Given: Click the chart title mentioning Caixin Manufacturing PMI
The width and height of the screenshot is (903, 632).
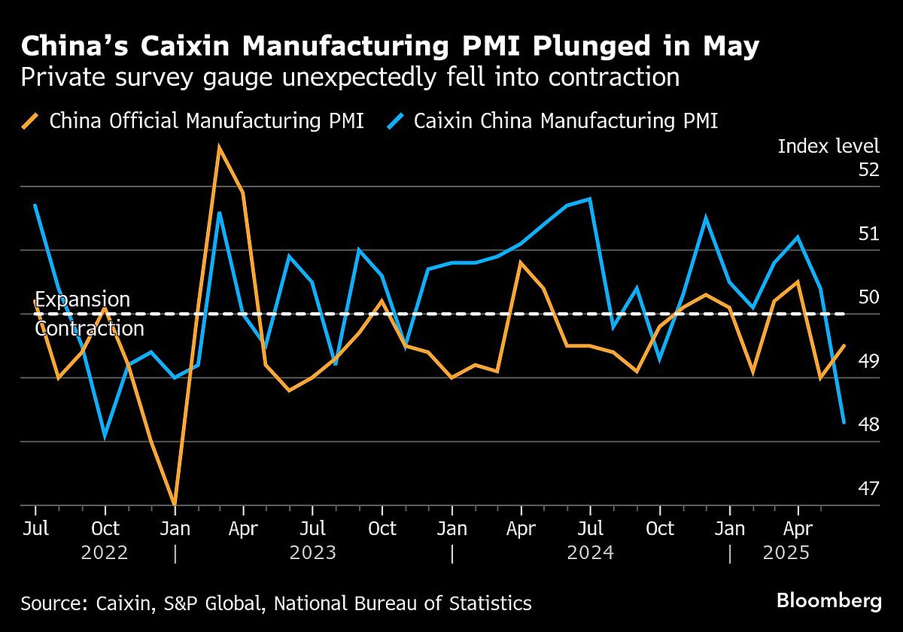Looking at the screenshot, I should pos(390,47).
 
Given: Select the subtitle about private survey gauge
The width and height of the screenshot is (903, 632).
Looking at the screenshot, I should pos(350,77).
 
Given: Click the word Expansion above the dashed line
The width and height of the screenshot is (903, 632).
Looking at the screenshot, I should pos(83,299).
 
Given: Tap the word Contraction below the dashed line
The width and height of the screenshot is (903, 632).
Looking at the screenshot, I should pos(90,329).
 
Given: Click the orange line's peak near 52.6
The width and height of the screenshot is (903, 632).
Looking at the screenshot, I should pos(218,146).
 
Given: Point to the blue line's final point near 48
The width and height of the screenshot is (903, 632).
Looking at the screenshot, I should pos(844,423).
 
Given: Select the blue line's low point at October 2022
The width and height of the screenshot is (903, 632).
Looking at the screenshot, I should pos(105,436).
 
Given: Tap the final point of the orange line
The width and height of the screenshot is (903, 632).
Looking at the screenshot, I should pos(844,345).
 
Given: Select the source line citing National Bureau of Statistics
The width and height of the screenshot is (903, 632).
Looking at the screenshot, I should pos(276,603).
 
